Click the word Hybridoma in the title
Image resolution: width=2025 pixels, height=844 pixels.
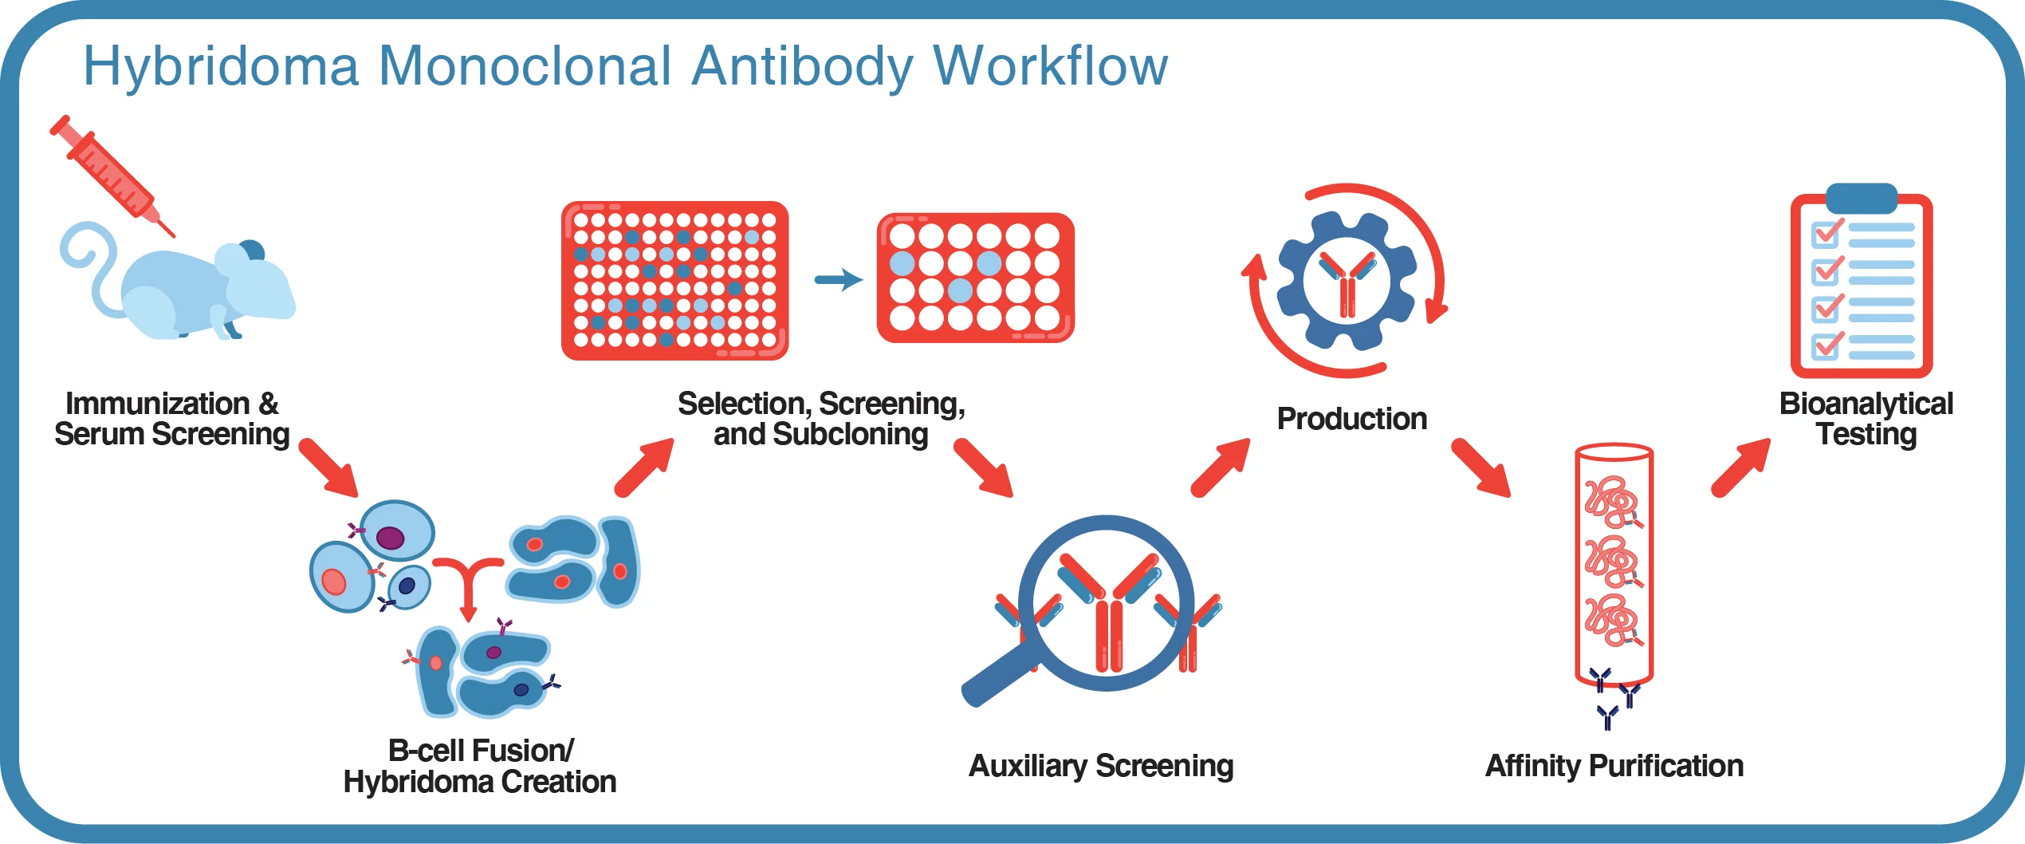coord(221,67)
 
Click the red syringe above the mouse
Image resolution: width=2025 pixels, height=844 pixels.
coord(112,176)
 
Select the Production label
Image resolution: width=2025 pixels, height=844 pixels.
coord(1351,419)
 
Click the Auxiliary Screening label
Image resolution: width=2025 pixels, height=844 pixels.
coord(1100,766)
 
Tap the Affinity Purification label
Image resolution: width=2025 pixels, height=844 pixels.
coord(1614,766)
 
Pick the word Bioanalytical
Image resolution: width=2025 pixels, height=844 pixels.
coord(1866,404)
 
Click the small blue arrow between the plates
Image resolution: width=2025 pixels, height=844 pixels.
coord(839,279)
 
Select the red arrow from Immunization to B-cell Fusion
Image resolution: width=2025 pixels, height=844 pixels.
coord(328,467)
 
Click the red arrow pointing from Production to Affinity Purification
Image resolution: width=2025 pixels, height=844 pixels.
coord(1480,467)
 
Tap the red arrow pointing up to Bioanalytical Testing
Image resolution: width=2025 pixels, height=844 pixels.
coord(1741,467)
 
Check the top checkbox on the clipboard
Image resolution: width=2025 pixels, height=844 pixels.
coord(1825,235)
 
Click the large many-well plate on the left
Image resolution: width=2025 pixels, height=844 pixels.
coord(674,280)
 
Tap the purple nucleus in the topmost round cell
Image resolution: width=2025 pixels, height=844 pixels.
coord(391,538)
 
